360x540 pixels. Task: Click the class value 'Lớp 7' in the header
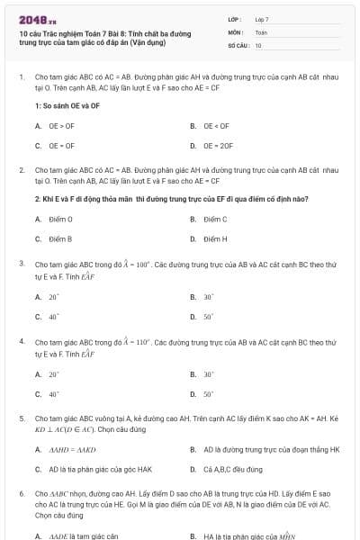262,19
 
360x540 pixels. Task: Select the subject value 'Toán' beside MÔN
261,31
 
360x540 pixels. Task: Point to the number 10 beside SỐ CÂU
258,45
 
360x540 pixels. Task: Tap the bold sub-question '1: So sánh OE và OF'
67,105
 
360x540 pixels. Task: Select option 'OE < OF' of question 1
216,126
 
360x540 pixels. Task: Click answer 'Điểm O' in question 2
60,220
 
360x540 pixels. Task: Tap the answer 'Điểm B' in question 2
60,238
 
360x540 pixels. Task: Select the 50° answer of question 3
208,317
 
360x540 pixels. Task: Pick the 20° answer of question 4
54,374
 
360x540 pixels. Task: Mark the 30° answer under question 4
208,374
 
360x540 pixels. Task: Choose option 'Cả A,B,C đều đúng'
230,469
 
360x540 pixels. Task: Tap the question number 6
21,494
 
